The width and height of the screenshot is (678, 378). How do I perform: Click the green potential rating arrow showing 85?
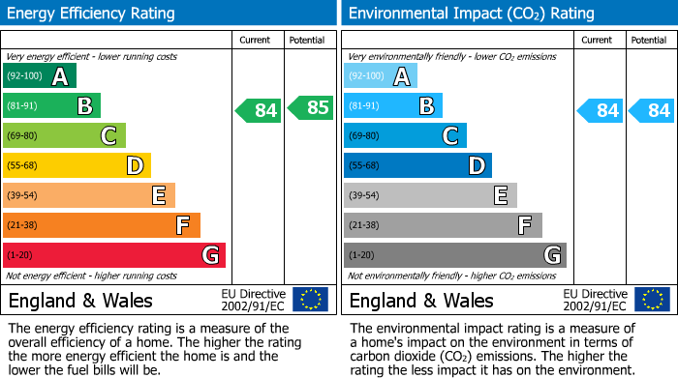point(311,109)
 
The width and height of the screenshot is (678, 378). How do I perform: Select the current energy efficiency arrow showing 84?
point(260,110)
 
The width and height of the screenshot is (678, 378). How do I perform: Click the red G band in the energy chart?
point(114,255)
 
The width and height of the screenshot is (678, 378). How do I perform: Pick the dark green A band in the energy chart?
point(40,76)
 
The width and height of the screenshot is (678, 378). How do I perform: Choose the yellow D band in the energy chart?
point(77,165)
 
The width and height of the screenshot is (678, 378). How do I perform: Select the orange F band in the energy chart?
point(102,225)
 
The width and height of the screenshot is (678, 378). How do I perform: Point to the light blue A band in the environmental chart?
point(381,76)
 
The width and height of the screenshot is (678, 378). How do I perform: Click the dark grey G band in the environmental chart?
point(454,255)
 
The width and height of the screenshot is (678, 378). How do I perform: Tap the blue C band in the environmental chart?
point(405,135)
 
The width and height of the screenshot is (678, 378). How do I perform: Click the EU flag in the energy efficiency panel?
point(310,300)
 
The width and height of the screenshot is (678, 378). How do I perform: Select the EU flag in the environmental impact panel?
point(651,300)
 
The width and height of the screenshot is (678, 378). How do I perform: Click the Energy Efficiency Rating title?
point(92,14)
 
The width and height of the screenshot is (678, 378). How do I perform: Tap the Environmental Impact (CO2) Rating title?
point(471,14)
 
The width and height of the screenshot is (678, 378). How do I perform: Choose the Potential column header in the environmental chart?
point(649,40)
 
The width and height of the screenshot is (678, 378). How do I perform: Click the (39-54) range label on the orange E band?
point(21,195)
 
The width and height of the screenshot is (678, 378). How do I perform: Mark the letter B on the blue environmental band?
point(426,106)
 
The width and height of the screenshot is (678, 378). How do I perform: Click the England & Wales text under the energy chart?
point(75,301)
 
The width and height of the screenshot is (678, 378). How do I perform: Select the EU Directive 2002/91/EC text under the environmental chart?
point(596,300)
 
